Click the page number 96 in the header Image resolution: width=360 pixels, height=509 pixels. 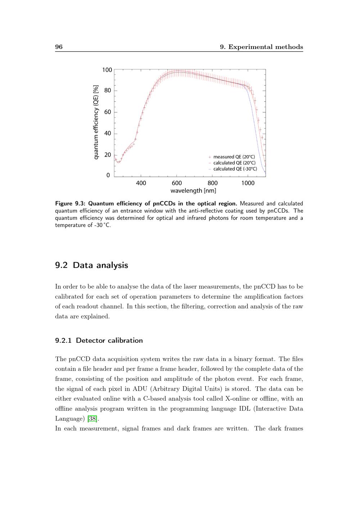(x=59, y=47)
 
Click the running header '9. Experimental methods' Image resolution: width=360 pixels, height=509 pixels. (x=261, y=47)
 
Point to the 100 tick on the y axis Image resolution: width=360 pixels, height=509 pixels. (x=107, y=70)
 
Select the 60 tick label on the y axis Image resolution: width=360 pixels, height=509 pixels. (x=108, y=112)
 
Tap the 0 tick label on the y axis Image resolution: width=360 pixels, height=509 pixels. (x=108, y=175)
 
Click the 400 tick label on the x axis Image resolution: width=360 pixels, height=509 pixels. (x=141, y=183)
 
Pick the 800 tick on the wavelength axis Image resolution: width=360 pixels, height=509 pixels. (x=212, y=183)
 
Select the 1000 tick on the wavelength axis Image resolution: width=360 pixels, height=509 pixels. (x=248, y=183)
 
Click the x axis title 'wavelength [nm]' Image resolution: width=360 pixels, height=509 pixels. (x=193, y=190)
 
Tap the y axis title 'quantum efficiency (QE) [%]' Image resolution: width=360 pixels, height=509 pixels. (x=96, y=122)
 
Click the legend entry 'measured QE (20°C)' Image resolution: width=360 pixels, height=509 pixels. (x=234, y=157)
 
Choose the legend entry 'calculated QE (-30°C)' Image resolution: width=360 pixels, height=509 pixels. (x=235, y=169)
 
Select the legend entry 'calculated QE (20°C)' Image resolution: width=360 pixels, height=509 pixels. (x=234, y=163)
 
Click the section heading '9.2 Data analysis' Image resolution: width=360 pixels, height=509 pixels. (x=91, y=265)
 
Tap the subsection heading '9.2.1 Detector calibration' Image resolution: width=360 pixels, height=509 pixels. (x=99, y=341)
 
